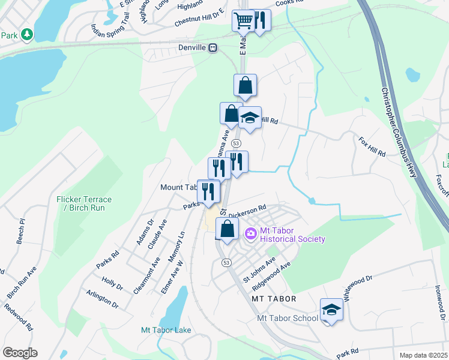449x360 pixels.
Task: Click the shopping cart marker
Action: [244, 21]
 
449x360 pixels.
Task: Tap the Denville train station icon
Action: [212, 48]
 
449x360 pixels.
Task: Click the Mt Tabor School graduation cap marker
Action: [331, 310]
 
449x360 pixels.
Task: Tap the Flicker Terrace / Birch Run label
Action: [85, 203]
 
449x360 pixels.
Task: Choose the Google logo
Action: [20, 352]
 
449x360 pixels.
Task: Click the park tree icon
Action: [26, 35]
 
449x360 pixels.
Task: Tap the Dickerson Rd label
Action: [247, 211]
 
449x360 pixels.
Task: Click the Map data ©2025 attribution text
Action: [424, 355]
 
